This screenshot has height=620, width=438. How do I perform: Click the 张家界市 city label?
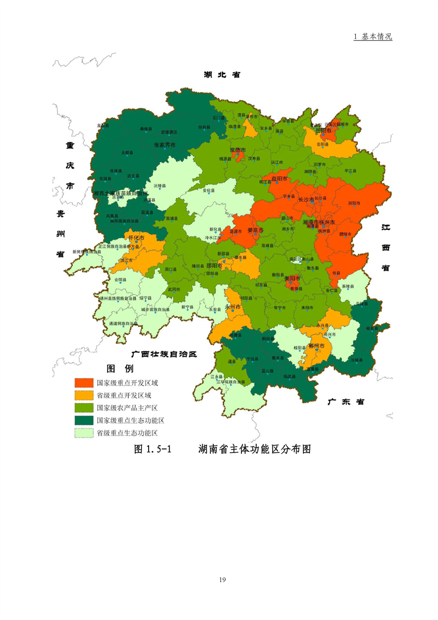(x=164, y=145)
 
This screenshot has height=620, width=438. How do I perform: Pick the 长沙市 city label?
(x=306, y=199)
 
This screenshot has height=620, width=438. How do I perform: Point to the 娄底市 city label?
(x=255, y=230)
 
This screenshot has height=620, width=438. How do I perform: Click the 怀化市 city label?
(x=136, y=238)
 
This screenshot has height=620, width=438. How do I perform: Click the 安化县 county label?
(x=209, y=191)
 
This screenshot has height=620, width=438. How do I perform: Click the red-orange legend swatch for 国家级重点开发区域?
(x=84, y=382)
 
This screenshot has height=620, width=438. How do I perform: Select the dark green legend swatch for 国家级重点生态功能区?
(x=84, y=421)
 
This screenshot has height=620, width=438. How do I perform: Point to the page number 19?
(x=223, y=580)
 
